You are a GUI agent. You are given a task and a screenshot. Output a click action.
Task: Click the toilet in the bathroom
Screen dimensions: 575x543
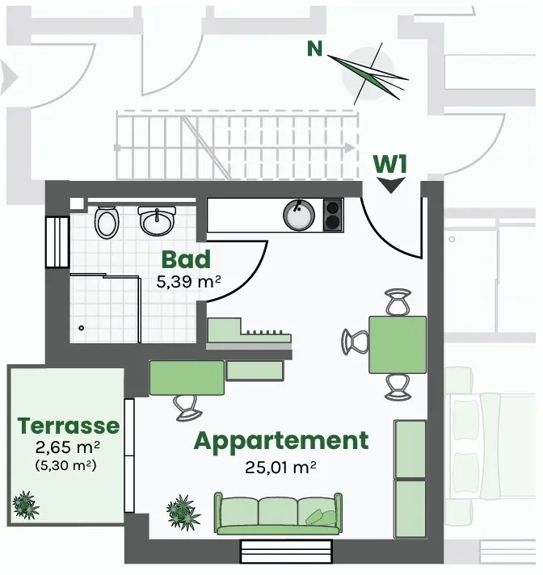click(107, 221)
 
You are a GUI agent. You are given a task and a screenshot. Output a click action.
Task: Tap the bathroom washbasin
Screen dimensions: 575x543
click(156, 220)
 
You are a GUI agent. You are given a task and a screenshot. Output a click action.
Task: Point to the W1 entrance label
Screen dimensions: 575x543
click(390, 164)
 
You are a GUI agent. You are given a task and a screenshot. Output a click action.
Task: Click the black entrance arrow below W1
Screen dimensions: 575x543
click(391, 185)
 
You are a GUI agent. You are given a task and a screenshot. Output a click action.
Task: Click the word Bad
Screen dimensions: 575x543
click(186, 260)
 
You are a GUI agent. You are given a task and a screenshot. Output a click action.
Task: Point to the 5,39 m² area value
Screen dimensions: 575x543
click(188, 283)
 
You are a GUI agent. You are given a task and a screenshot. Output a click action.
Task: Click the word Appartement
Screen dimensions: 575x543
click(280, 441)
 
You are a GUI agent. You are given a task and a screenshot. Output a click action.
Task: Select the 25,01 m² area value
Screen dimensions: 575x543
click(280, 466)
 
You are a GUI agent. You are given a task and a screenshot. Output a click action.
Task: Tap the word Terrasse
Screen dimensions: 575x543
click(69, 426)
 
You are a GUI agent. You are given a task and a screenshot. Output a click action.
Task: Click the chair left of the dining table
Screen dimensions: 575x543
click(356, 341)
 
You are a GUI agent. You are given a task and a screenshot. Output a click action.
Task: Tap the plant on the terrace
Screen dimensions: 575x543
click(26, 504)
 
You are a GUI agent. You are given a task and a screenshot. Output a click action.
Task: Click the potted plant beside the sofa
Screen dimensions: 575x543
click(183, 511)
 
